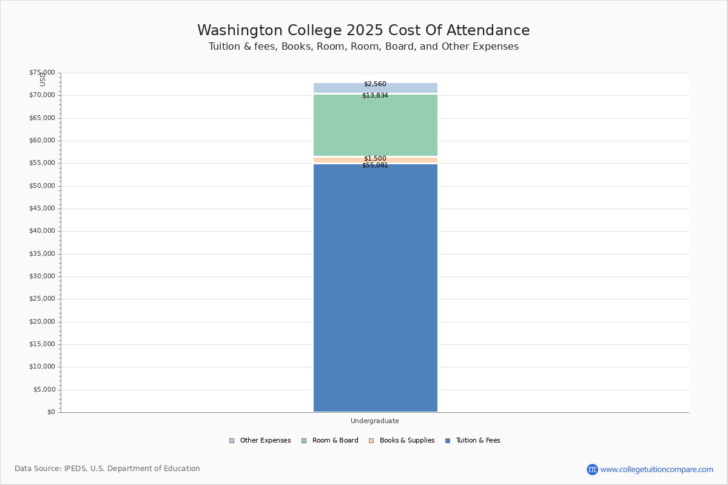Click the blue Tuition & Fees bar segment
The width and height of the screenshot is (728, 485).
375,288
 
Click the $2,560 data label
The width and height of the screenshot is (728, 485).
375,84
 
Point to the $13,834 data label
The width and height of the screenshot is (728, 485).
375,96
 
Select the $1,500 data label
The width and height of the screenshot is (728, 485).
375,159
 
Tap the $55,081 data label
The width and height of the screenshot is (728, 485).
375,166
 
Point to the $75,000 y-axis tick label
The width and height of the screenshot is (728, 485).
42,73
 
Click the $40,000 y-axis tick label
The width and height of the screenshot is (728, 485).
42,231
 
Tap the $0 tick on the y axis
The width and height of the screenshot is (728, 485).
50,412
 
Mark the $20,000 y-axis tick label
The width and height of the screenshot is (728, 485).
42,322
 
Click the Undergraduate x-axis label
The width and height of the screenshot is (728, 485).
375,421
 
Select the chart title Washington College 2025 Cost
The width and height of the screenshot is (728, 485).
363,31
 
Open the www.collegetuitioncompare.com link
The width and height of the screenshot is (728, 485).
656,470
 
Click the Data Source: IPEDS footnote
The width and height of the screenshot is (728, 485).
107,469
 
